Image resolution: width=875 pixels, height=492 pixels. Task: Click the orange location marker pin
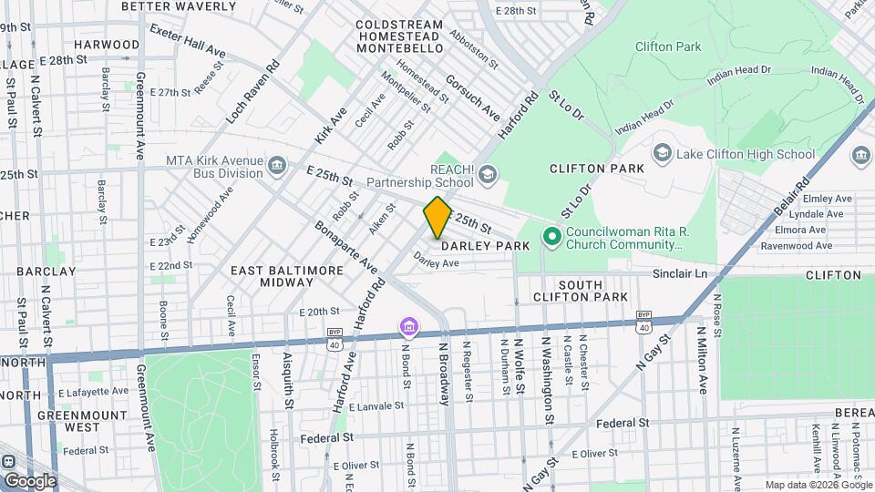pos(437,218)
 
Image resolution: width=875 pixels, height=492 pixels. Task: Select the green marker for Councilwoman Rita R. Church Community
pos(551,238)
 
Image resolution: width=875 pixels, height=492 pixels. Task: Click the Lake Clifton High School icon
pos(662,154)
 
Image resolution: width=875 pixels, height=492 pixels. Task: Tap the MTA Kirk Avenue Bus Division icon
pos(278,164)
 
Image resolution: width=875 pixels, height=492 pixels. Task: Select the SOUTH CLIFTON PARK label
pos(593,291)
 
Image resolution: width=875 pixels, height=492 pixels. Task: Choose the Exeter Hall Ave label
pos(187,39)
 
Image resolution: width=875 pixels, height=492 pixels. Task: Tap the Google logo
pos(30,480)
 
